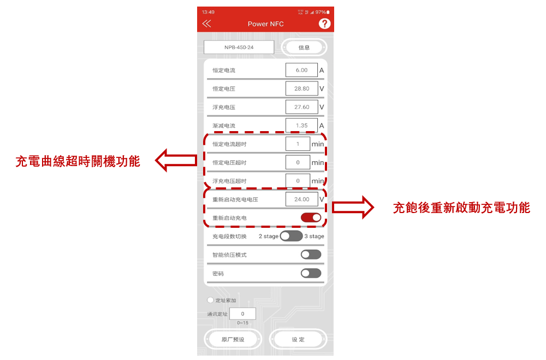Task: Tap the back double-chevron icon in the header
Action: [x=206, y=23]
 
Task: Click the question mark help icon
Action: [x=324, y=23]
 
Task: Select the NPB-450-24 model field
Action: [x=239, y=48]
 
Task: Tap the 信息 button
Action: [x=304, y=48]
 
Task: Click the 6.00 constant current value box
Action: [x=301, y=70]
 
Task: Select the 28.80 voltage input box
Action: [x=301, y=88]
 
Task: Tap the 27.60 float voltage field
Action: [x=301, y=107]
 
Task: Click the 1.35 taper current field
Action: [x=301, y=126]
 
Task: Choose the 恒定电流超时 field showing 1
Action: [x=298, y=144]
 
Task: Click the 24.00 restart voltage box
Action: [x=301, y=199]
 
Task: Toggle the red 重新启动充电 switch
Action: [x=311, y=217]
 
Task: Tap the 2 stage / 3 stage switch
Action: [x=291, y=236]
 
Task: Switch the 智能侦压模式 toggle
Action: [x=311, y=255]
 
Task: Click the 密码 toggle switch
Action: [x=311, y=273]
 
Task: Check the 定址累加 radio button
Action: [x=210, y=300]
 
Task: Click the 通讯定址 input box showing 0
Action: [x=243, y=314]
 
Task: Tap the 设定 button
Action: [x=298, y=339]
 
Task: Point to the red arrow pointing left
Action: [x=176, y=160]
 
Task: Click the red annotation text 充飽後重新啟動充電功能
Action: [x=461, y=208]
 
